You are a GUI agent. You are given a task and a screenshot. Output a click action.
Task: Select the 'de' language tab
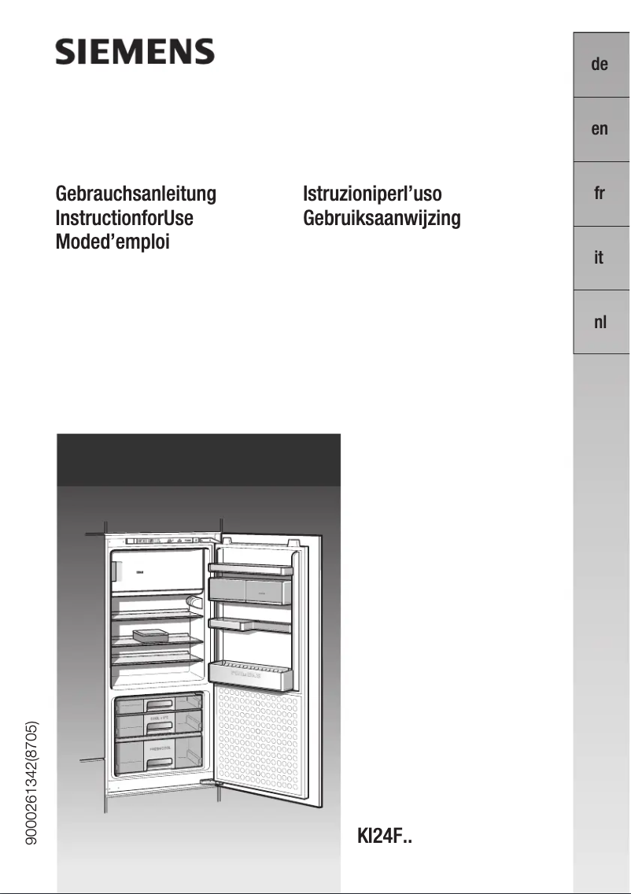600,65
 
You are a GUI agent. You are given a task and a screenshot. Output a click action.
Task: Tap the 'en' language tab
600,129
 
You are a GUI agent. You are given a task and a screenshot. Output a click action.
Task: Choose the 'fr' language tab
600,194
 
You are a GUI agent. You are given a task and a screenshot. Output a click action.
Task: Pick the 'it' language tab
600,258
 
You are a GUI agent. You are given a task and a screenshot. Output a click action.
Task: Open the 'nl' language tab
600,323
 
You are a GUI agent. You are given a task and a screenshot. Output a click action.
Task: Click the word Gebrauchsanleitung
135,194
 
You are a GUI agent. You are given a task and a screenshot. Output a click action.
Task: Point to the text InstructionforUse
124,218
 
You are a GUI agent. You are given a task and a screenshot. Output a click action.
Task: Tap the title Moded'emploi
113,242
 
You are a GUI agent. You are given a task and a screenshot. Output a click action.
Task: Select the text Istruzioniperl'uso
372,194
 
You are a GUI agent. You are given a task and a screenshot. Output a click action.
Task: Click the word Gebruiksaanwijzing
382,218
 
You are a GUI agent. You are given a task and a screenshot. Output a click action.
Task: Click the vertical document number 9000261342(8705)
32,783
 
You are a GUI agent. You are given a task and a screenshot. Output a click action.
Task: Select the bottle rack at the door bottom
250,674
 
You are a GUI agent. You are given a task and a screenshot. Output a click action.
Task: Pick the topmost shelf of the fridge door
250,567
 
